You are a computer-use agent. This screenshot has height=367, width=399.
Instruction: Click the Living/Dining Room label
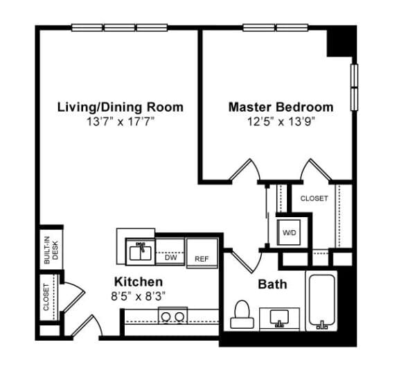tap(120, 107)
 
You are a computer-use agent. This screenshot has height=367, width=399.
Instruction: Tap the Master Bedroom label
tap(281, 107)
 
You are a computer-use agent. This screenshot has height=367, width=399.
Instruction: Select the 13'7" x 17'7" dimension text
tap(120, 122)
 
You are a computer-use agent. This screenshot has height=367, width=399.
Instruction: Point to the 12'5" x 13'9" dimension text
tap(281, 122)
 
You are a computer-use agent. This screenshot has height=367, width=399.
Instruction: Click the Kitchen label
tap(139, 282)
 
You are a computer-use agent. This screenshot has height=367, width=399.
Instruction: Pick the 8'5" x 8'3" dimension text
tap(139, 296)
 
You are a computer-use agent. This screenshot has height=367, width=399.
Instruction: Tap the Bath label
tap(272, 284)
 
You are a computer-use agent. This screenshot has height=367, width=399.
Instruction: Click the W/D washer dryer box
tap(289, 232)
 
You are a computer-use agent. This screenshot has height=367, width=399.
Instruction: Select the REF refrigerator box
tap(202, 254)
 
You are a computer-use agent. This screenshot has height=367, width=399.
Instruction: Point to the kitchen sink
tap(141, 251)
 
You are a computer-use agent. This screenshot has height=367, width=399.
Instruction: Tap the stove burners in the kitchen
tap(172, 317)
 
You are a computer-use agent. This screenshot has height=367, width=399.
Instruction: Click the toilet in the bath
tap(242, 314)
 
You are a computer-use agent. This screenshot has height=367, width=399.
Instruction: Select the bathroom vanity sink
tap(281, 318)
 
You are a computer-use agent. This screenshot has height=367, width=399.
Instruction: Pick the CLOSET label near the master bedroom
tap(314, 198)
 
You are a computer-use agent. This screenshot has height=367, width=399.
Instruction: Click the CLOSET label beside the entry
tap(46, 297)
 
